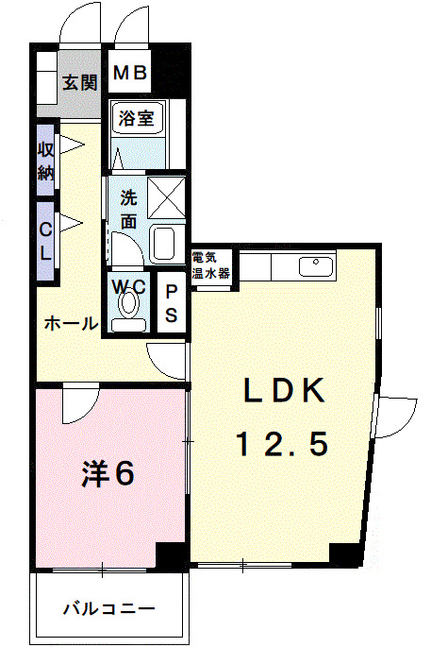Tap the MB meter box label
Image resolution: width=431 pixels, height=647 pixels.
tap(129, 73)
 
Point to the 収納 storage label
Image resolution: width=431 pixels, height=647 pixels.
tap(45, 161)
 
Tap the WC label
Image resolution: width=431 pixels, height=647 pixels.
tap(128, 283)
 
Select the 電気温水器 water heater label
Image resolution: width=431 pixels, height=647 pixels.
tap(209, 264)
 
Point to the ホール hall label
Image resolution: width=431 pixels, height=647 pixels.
tap(70, 324)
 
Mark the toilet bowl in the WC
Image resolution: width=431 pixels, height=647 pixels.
tap(128, 305)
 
